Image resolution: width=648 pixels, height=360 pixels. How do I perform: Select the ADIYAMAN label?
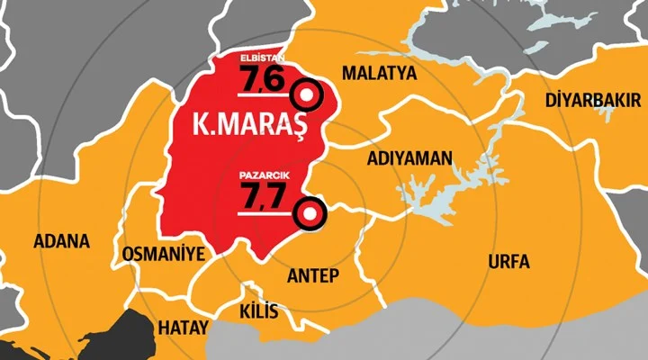(x=409, y=158)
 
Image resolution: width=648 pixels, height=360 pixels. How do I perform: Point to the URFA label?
(x=508, y=263)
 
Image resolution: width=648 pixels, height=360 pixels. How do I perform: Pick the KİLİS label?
(x=259, y=312)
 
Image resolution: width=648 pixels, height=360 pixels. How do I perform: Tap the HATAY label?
(x=183, y=326)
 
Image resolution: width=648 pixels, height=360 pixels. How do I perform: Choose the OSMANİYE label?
(x=163, y=252)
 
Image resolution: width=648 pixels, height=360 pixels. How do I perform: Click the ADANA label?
(x=61, y=241)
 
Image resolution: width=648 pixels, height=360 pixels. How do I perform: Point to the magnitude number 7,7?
(x=261, y=194)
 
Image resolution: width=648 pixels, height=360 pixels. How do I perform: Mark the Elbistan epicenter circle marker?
(x=309, y=94)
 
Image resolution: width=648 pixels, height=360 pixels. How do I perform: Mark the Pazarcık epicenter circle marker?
(x=309, y=212)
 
